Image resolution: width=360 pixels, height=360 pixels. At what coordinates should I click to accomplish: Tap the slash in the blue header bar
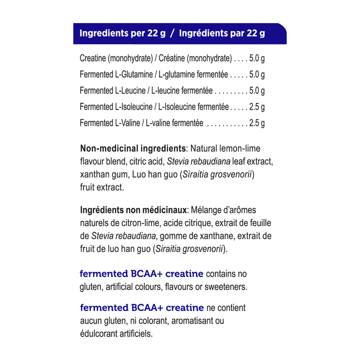click(171, 34)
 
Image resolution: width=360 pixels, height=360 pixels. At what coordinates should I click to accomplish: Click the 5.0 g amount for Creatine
click(256, 58)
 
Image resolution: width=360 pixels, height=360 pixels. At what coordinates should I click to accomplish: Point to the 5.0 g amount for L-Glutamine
click(256, 75)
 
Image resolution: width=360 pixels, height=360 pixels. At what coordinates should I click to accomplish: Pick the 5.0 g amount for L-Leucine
click(256, 91)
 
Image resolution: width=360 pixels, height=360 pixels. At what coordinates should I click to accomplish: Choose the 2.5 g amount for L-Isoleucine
click(256, 107)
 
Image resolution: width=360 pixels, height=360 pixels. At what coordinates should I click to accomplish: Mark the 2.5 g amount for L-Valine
click(256, 123)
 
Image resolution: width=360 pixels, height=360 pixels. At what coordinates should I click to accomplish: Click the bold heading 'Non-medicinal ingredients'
click(133, 148)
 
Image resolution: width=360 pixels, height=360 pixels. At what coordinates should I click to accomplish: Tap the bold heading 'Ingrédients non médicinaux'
click(133, 210)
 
